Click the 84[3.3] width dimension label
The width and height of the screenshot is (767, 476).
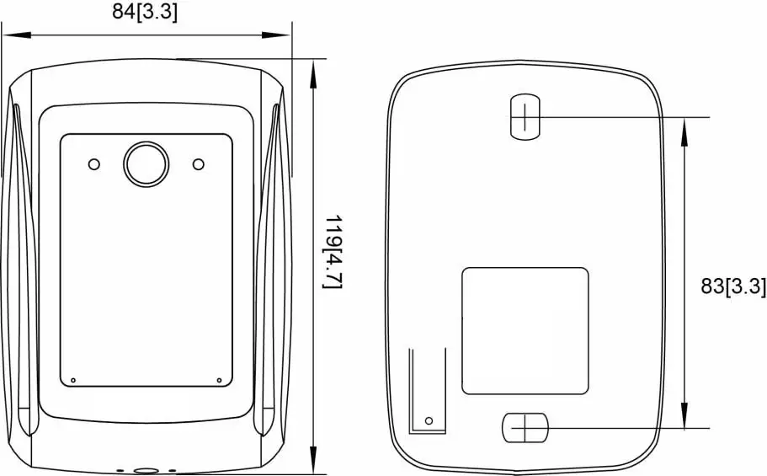click(145, 13)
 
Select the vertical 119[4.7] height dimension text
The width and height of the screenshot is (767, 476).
click(333, 252)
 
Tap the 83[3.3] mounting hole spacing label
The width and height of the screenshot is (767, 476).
click(733, 286)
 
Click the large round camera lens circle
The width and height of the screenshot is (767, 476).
click(146, 163)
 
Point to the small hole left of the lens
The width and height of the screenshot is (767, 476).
click(94, 163)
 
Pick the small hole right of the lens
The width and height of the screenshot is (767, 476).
click(199, 163)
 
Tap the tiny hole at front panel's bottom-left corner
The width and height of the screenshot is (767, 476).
click(73, 380)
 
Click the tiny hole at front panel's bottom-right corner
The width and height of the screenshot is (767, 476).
click(219, 380)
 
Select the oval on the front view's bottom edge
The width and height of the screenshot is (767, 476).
click(146, 471)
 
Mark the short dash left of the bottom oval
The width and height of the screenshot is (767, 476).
click(120, 471)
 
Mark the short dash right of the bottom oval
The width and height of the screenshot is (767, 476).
click(173, 471)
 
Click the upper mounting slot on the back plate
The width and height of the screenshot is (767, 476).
click(524, 116)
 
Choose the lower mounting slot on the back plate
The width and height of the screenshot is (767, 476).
click(525, 428)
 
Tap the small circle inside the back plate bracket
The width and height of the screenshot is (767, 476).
click(429, 419)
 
